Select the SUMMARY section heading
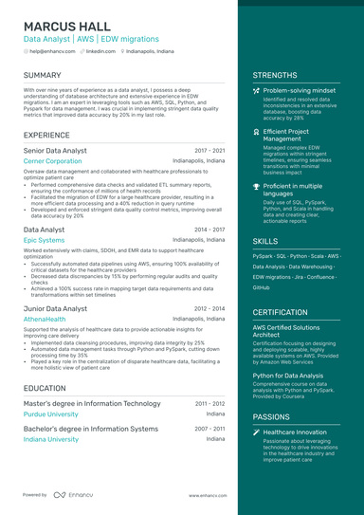43,75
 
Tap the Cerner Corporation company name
52,161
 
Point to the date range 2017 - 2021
209,151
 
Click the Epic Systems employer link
44,241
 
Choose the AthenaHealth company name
45,320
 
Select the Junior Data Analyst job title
55,308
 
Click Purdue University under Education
52,414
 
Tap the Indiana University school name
51,439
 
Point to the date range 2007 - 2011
209,429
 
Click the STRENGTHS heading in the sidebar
275,75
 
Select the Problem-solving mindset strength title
300,89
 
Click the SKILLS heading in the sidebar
265,242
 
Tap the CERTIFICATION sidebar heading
280,311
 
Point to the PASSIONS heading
271,416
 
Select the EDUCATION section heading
45,388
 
